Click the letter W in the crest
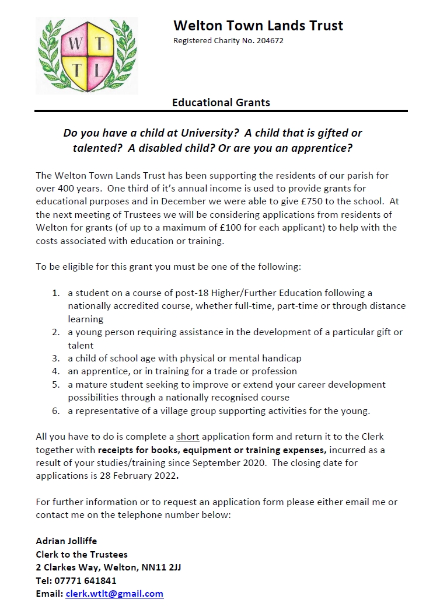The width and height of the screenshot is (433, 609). coord(74,44)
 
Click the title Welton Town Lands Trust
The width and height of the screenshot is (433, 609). coord(258,26)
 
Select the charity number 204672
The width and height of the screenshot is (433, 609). coord(269,41)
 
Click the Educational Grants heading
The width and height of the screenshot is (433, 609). coord(221,103)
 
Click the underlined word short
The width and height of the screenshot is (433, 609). coord(188,437)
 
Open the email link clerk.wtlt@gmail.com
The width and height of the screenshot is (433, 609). coord(114,593)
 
